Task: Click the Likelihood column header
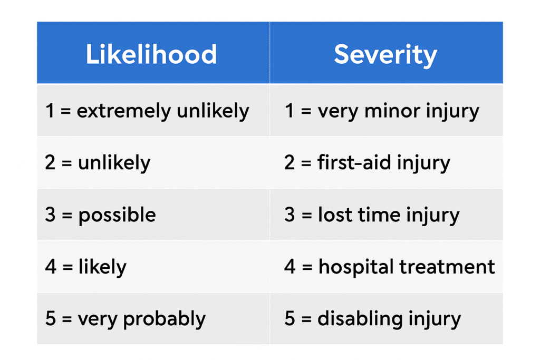tap(151, 54)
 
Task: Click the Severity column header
tap(385, 55)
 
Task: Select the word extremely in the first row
tap(124, 111)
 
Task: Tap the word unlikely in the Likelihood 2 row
tap(114, 163)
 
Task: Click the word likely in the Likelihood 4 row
tap(102, 267)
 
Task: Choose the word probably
tap(165, 319)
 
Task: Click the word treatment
tap(447, 267)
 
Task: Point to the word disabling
tap(360, 319)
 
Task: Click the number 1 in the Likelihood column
tap(50, 111)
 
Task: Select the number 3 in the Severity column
tap(290, 215)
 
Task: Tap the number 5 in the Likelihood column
tap(50, 318)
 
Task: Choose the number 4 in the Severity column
tap(290, 267)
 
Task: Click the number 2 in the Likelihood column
tap(50, 162)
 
